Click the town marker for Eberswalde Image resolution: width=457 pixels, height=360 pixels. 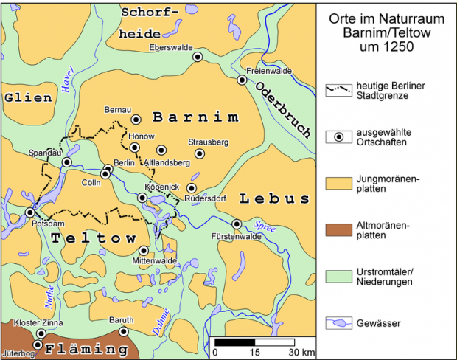pyautogui.click(x=197, y=57)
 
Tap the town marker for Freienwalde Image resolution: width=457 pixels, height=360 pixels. pyautogui.click(x=242, y=80)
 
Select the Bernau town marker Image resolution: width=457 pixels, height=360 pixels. pyautogui.click(x=136, y=119)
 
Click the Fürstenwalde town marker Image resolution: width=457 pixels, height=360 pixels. pyautogui.click(x=237, y=224)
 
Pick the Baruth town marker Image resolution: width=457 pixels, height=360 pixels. pyautogui.click(x=124, y=331)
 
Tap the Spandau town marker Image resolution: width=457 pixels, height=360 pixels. pyautogui.click(x=67, y=162)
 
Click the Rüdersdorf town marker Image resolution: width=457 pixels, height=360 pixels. pyautogui.click(x=192, y=189)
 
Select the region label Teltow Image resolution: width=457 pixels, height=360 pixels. pyautogui.click(x=94, y=238)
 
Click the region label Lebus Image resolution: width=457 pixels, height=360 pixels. pyautogui.click(x=274, y=198)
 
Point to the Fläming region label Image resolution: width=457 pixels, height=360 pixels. pyautogui.click(x=80, y=347)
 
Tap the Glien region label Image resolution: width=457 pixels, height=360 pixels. pyautogui.click(x=28, y=97)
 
